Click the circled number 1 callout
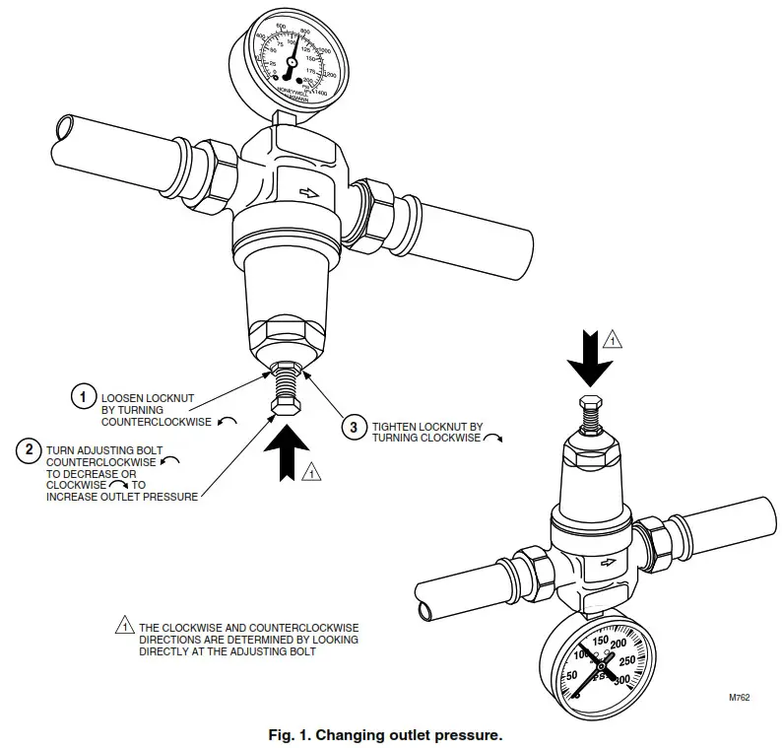[x=84, y=396]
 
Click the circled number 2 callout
[x=31, y=449]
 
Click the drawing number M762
[x=739, y=697]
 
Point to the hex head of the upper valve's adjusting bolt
[x=284, y=406]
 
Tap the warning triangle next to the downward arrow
[x=612, y=340]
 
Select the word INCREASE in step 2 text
[x=76, y=496]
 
